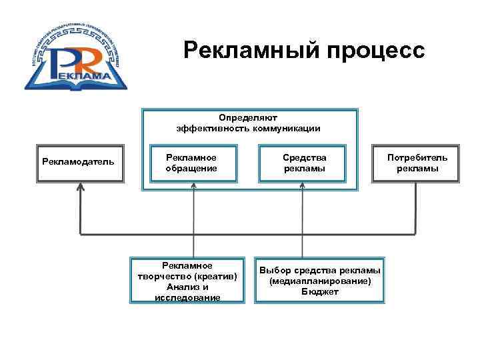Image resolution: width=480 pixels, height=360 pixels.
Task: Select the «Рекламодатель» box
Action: coord(78,163)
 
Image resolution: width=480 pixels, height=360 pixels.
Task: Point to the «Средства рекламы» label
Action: coord(304,163)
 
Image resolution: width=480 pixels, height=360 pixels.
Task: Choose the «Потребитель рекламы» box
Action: coord(418,163)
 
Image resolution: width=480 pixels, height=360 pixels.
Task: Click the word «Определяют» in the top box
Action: coord(249,117)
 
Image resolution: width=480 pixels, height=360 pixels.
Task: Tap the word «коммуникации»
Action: coord(286,128)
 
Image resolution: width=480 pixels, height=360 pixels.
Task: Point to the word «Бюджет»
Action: coord(320,292)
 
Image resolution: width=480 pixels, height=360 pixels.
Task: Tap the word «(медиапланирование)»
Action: coord(320,281)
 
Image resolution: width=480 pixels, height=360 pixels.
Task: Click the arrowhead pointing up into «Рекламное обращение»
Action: coord(193,187)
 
